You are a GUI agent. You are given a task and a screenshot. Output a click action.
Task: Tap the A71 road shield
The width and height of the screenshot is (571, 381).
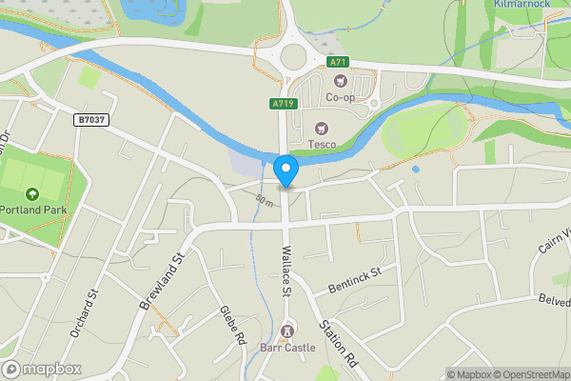pos(337,62)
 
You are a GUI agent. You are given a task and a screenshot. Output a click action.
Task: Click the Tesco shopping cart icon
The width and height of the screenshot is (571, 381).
pos(321,128)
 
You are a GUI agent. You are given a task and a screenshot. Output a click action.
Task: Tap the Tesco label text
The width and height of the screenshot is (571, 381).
pos(322,145)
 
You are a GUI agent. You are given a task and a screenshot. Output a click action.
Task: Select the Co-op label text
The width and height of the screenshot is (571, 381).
pos(340,97)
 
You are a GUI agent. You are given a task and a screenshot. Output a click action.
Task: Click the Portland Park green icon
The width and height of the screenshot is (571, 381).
pos(33,194)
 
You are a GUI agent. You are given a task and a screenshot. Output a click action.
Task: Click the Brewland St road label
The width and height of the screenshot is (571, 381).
pos(160,282)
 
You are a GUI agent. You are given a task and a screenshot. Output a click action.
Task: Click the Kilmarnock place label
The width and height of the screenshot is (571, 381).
pos(523,5)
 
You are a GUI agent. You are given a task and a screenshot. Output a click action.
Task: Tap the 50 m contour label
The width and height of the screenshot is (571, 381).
pos(265,200)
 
